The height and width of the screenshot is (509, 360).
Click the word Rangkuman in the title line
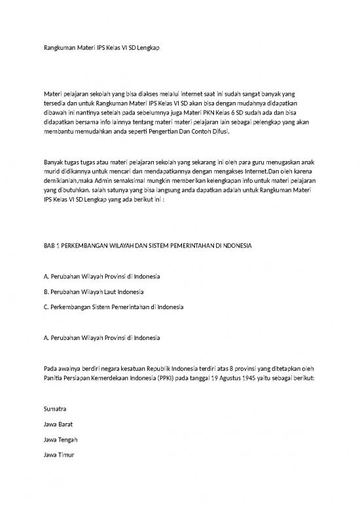pyautogui.click(x=52, y=48)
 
